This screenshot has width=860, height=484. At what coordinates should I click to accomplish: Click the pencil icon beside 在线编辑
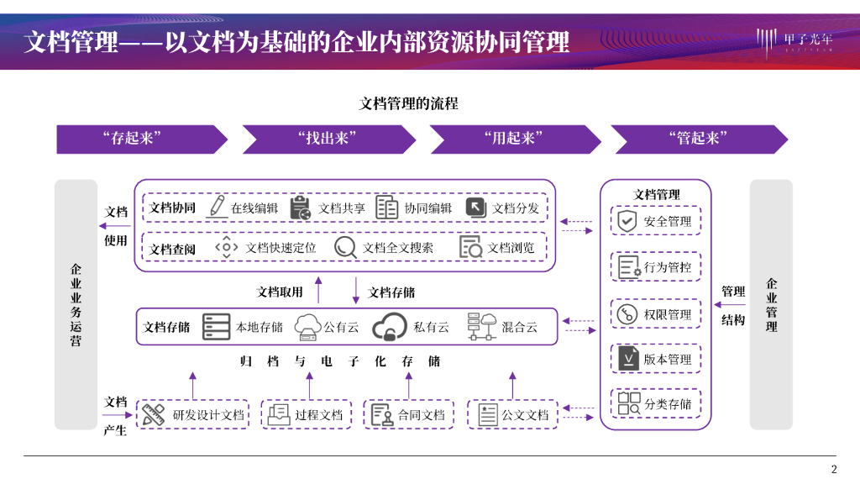click(x=217, y=207)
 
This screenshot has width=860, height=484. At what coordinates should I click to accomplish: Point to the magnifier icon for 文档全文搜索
click(x=346, y=247)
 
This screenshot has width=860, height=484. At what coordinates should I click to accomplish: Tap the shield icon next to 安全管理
click(x=627, y=221)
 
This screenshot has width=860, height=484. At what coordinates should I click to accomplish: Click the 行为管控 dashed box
click(x=656, y=267)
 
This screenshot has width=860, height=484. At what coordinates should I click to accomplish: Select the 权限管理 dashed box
click(x=656, y=314)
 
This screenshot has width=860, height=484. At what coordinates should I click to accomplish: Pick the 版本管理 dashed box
click(x=656, y=360)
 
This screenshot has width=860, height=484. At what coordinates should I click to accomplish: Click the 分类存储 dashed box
click(x=656, y=404)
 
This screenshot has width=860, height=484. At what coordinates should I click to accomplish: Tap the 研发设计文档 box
click(x=193, y=414)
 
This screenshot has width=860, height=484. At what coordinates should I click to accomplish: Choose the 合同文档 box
click(x=409, y=414)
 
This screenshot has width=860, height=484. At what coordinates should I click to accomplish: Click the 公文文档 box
click(x=512, y=414)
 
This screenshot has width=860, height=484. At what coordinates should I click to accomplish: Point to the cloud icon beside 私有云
click(x=389, y=327)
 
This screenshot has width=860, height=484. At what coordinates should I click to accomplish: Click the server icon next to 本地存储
click(x=216, y=327)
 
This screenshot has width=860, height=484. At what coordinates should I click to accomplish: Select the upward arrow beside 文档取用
click(x=318, y=290)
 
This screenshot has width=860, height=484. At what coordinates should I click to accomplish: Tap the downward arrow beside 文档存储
click(x=356, y=290)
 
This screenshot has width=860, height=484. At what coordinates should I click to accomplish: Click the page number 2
click(x=833, y=469)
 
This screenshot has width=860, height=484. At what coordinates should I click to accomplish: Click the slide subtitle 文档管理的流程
click(x=409, y=104)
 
